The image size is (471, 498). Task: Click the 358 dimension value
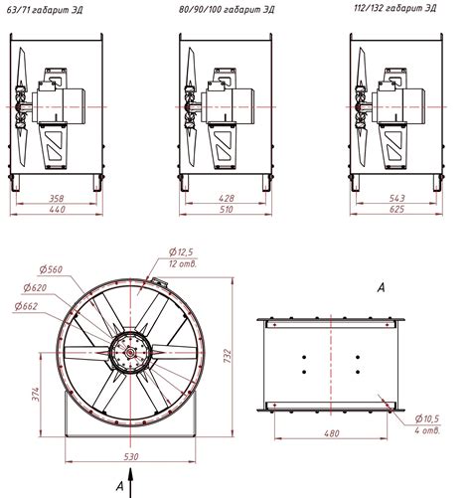pos(57,199)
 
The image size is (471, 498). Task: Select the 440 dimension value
pos(58,210)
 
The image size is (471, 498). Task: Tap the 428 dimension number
pos(227,198)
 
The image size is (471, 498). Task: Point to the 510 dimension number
pos(226,210)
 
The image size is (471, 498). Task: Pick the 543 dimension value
pos(396,198)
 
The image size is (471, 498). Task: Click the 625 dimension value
pos(396,209)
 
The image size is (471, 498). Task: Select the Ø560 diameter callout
pos(51,269)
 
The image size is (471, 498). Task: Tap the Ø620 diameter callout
pos(35,287)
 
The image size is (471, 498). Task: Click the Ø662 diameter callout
pos(26,306)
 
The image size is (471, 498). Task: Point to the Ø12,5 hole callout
pos(181,252)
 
